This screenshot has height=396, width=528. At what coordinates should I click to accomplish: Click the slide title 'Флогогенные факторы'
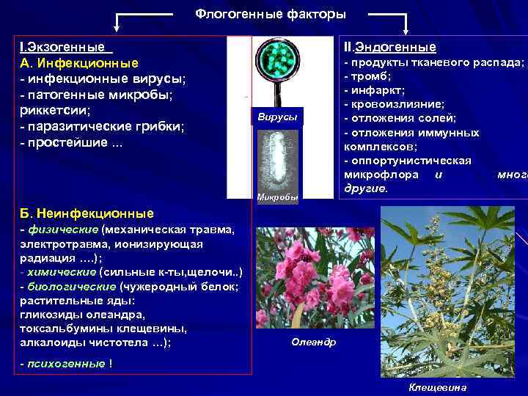(271, 14)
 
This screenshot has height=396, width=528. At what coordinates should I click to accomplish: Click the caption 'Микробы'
(276, 197)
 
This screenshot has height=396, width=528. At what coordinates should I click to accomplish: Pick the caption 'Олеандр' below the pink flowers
(313, 342)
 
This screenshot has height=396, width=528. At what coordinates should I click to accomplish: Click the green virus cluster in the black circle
(277, 60)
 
